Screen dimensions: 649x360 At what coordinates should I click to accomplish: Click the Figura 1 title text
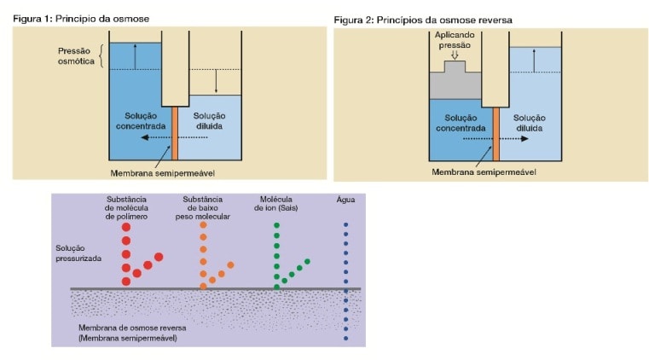pyautogui.click(x=81, y=19)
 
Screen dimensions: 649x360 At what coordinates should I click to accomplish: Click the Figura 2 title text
pyautogui.click(x=423, y=20)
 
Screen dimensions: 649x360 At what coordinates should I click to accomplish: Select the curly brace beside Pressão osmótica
pyautogui.click(x=101, y=56)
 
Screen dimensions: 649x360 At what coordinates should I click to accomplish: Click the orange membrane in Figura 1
pyautogui.click(x=175, y=133)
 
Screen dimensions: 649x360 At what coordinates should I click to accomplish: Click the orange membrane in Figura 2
pyautogui.click(x=495, y=134)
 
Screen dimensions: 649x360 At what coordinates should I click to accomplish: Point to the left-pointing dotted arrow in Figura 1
pyautogui.click(x=174, y=137)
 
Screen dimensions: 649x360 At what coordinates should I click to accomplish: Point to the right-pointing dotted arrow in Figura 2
pyautogui.click(x=495, y=138)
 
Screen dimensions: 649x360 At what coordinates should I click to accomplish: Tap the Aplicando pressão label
pyautogui.click(x=455, y=40)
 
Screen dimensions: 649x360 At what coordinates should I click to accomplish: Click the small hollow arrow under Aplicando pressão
pyautogui.click(x=455, y=55)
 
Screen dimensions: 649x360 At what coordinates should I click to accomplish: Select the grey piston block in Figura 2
pyautogui.click(x=455, y=82)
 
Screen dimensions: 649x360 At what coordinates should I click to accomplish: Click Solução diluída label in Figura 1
pyautogui.click(x=210, y=121)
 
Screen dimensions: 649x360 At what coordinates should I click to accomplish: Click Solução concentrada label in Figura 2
pyautogui.click(x=461, y=123)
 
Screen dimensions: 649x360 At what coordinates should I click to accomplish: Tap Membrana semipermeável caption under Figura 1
pyautogui.click(x=163, y=173)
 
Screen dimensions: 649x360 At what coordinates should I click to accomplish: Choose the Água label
pyautogui.click(x=345, y=200)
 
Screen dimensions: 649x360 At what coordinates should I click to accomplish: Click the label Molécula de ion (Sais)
pyautogui.click(x=276, y=204)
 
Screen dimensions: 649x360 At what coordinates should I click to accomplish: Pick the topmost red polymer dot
pyautogui.click(x=126, y=227)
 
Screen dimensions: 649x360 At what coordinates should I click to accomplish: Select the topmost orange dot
pyautogui.click(x=203, y=225)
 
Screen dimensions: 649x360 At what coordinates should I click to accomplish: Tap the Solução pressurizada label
pyautogui.click(x=78, y=253)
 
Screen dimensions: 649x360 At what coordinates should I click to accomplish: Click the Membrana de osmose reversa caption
pyautogui.click(x=132, y=333)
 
